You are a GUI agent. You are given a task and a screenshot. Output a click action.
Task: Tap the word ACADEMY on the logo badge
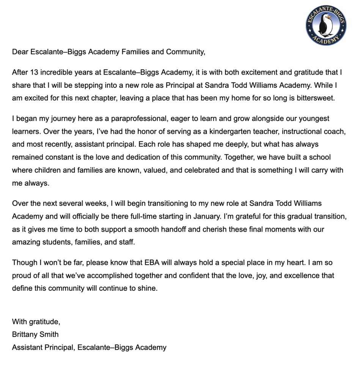[x=326, y=40]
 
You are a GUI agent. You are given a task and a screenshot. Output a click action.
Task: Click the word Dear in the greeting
[x=20, y=52]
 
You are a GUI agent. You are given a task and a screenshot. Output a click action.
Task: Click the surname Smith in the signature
[x=50, y=335]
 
